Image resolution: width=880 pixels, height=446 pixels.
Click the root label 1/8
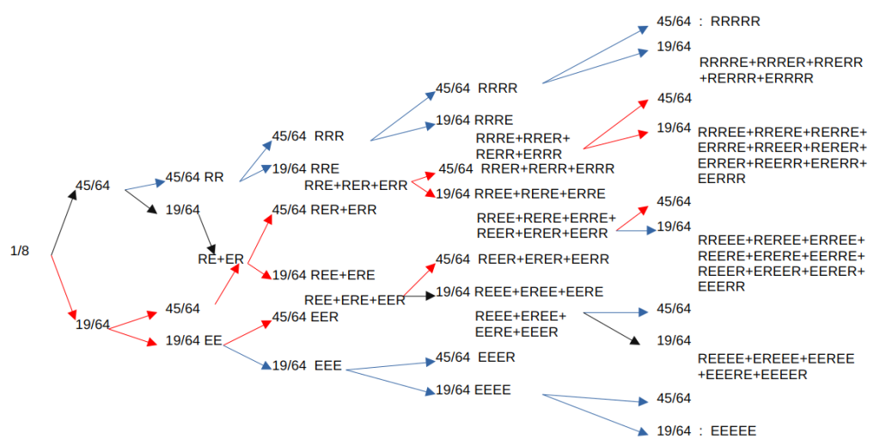click(x=20, y=252)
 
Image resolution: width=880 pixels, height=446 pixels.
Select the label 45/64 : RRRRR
click(x=708, y=21)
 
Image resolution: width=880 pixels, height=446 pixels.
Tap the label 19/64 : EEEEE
click(x=706, y=431)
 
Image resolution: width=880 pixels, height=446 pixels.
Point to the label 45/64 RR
click(x=194, y=177)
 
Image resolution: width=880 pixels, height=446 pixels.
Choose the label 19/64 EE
click(x=194, y=340)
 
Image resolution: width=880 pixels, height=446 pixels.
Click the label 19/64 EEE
click(x=307, y=366)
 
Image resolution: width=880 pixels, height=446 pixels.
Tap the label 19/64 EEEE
click(x=474, y=390)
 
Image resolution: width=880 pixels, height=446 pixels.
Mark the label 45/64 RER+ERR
click(x=324, y=209)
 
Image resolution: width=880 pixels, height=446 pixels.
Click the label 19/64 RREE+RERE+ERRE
click(x=520, y=193)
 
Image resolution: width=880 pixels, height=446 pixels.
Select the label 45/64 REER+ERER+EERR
click(x=522, y=259)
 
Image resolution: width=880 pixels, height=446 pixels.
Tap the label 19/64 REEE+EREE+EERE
click(x=519, y=292)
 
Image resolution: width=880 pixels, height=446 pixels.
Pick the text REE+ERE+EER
click(x=354, y=300)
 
